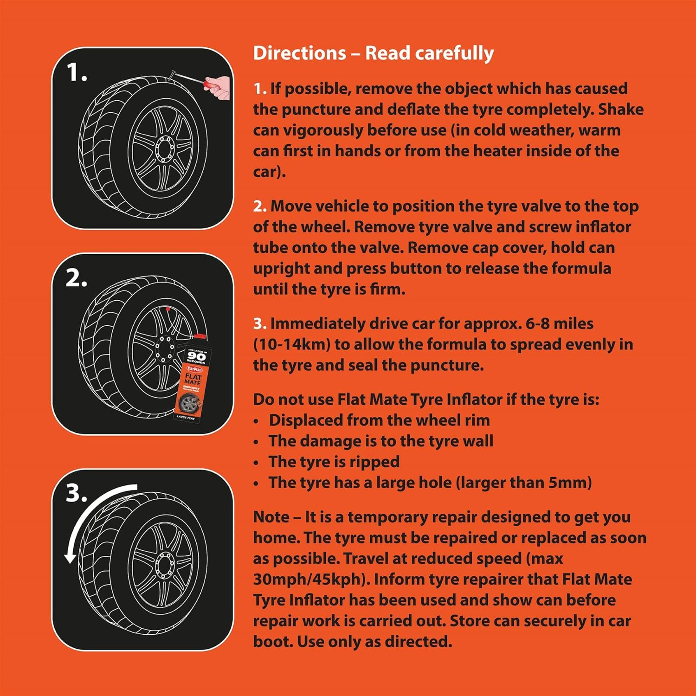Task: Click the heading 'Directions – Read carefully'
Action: pos(373,53)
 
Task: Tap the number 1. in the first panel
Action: pos(77,73)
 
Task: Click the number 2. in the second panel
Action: pos(77,278)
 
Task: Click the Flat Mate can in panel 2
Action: pos(191,378)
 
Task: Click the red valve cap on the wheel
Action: pos(167,308)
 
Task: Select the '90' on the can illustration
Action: pos(196,356)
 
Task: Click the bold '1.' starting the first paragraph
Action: pos(259,89)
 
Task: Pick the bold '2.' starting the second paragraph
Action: pos(259,206)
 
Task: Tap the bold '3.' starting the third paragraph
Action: pos(259,323)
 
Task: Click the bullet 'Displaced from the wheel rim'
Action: pos(379,420)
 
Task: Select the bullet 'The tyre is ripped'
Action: pos(334,462)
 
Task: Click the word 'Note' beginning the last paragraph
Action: pos(271,517)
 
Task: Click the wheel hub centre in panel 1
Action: pos(164,148)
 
